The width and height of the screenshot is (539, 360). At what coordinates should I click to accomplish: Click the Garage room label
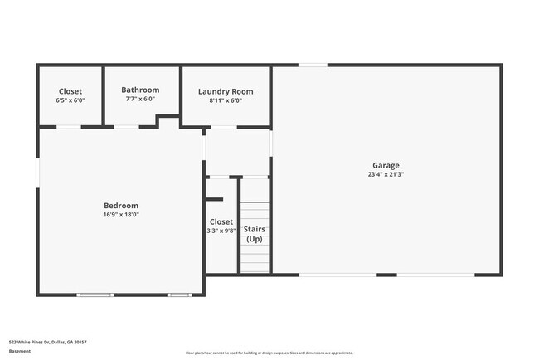click(x=386, y=165)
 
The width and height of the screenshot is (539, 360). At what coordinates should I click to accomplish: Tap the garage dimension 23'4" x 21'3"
click(x=386, y=175)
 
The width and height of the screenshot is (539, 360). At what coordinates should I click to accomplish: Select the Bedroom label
click(x=121, y=205)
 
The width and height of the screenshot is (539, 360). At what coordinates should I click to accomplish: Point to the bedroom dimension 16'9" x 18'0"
click(x=121, y=215)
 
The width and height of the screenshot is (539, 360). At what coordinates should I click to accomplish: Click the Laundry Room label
click(x=226, y=91)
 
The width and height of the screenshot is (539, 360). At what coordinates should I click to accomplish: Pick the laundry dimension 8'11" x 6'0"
click(x=226, y=100)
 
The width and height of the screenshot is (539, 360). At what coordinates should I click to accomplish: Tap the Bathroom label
click(x=140, y=90)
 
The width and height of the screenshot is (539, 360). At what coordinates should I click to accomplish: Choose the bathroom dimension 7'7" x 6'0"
click(x=140, y=99)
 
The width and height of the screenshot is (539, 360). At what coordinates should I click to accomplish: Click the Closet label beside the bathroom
click(x=70, y=91)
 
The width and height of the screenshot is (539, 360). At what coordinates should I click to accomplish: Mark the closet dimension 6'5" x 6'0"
click(x=70, y=100)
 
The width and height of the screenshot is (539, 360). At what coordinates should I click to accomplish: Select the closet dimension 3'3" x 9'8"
click(x=221, y=231)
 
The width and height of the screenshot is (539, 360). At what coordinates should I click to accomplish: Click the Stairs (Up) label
click(x=255, y=233)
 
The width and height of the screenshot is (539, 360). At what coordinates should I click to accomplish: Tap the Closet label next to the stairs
click(x=221, y=221)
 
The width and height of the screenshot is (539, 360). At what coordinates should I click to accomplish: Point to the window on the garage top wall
click(x=313, y=65)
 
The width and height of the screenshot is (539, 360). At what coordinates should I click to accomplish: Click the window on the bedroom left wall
click(x=37, y=175)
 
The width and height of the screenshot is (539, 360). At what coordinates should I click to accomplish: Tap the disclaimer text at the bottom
click(x=269, y=353)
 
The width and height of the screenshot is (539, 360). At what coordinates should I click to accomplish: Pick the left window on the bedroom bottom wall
click(x=95, y=294)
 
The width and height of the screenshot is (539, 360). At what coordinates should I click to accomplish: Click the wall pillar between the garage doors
click(x=386, y=275)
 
